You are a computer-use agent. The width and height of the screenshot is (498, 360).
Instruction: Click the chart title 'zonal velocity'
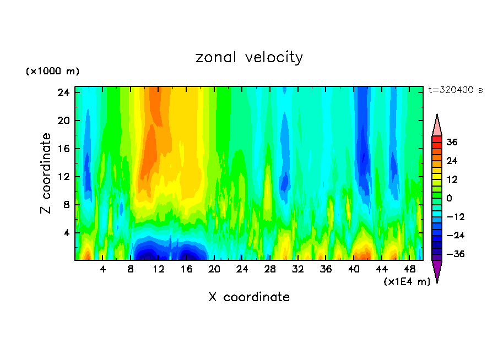249,57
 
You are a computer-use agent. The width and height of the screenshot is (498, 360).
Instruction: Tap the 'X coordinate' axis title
249,297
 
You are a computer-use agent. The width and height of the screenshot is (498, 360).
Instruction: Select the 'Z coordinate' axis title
46,173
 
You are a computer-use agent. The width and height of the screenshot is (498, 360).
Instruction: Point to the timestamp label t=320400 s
455,90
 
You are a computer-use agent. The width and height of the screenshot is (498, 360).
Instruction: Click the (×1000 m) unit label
52,72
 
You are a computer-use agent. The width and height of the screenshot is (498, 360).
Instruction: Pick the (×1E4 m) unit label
407,282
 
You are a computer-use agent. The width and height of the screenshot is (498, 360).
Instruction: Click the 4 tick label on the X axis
103,269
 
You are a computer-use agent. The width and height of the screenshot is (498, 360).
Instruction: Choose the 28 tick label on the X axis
270,269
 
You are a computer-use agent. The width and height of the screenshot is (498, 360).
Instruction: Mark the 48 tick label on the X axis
409,269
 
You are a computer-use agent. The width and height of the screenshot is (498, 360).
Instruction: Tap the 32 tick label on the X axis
298,269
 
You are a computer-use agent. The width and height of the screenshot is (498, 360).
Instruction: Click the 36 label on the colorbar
452,142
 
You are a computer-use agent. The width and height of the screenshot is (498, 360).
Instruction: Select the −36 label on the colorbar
455,254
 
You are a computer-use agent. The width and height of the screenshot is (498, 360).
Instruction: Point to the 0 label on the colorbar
450,198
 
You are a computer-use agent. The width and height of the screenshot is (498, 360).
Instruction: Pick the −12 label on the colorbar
455,217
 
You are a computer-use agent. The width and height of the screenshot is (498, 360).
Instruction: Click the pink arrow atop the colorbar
437,125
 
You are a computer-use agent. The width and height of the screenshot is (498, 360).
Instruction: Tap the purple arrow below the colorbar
437,271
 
